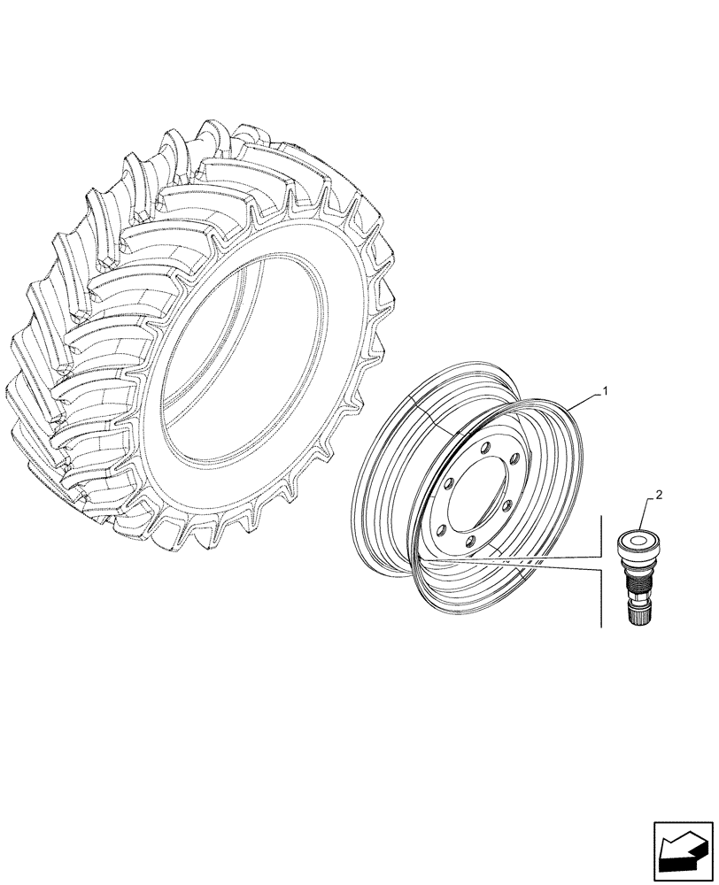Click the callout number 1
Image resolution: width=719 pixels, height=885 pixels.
(605, 390)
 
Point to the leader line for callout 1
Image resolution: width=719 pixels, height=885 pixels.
(585, 400)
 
